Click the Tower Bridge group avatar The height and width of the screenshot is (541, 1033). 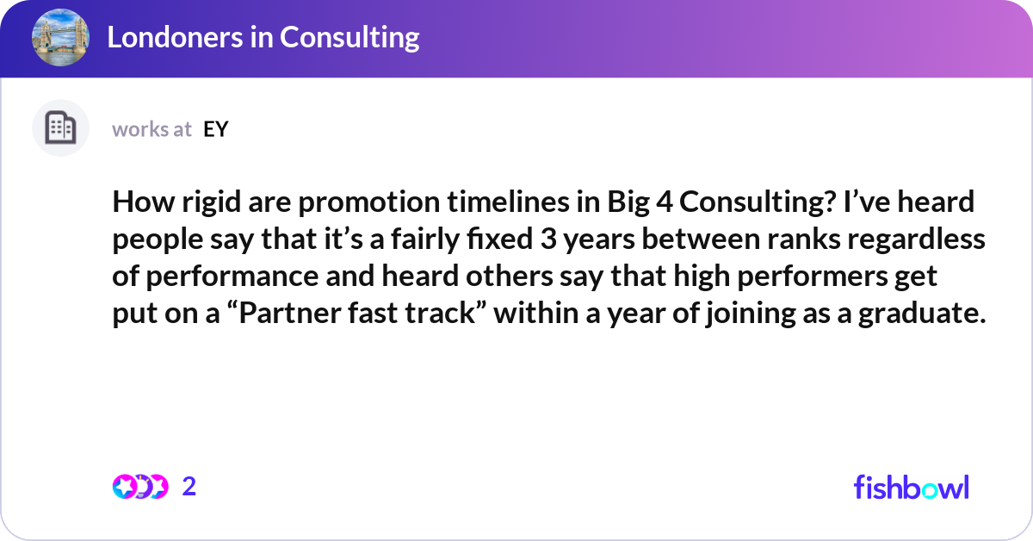60,38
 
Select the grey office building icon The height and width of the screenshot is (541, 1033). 60,128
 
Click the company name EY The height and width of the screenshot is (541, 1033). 215,129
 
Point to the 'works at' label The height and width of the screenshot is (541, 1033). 152,129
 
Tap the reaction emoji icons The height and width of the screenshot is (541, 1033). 139,487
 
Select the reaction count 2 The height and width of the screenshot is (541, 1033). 189,487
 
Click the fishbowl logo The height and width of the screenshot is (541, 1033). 911,487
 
